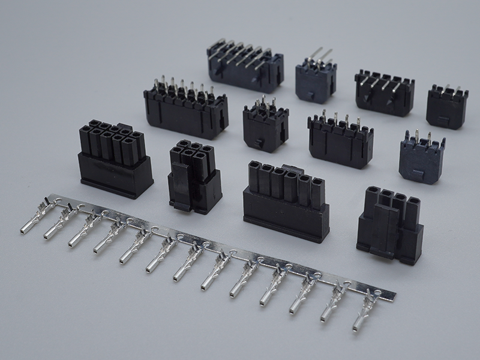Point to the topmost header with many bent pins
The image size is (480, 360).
(245, 65)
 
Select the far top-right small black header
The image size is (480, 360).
(447, 106)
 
